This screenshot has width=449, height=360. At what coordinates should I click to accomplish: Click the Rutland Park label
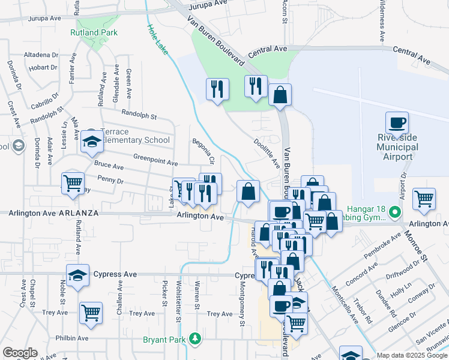click(94, 32)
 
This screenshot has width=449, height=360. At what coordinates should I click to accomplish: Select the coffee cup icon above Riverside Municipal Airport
click(397, 123)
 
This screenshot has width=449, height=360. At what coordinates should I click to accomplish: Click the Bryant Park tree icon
click(194, 340)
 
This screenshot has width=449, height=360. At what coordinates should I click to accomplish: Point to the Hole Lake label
click(158, 40)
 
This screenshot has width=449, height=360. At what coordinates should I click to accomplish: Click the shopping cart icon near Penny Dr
click(73, 182)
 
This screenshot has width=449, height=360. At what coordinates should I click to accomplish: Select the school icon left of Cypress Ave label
click(77, 274)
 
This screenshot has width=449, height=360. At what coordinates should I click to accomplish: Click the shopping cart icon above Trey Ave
click(91, 312)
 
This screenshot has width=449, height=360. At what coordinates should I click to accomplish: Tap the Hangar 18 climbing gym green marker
click(394, 212)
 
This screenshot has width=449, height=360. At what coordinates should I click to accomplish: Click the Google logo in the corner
click(20, 353)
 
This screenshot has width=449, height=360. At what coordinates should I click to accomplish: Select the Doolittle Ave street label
click(267, 152)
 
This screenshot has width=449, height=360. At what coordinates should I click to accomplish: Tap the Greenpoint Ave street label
click(155, 162)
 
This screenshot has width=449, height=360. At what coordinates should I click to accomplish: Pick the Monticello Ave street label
click(346, 303)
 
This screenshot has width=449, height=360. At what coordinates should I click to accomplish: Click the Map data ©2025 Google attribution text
click(411, 355)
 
